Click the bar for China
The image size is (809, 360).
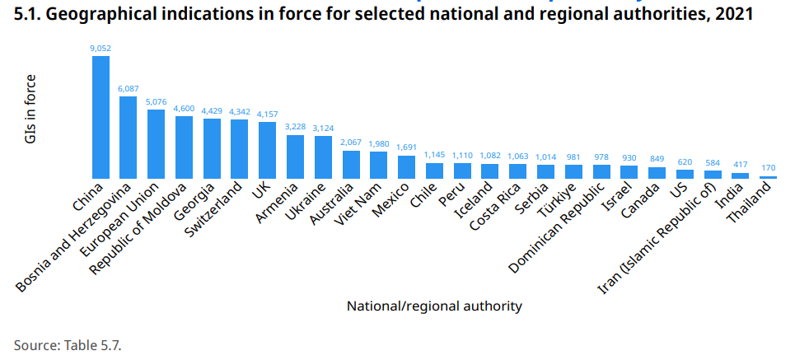coord(101,116)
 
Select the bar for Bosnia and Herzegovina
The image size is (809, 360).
coord(129,137)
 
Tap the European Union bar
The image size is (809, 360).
coord(156,143)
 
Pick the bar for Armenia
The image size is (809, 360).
coord(295,157)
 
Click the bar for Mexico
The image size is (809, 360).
coord(406,166)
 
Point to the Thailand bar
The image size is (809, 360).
coord(768,177)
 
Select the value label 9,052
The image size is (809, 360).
coord(101,49)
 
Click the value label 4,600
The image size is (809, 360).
coord(184,109)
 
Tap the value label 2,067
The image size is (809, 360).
coord(351,143)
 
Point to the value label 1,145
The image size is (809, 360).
coord(434,155)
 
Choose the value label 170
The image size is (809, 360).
coord(768,168)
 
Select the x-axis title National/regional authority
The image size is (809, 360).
coord(434,306)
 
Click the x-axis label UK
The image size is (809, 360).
coord(261,190)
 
